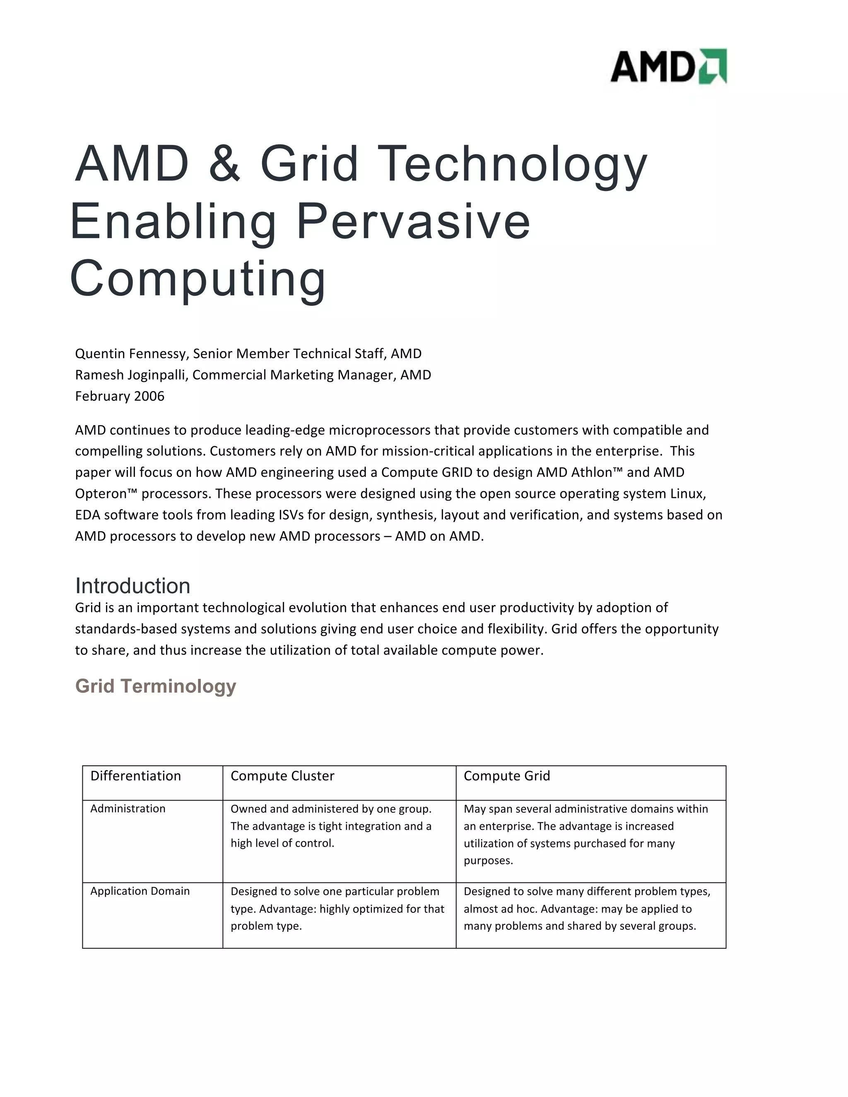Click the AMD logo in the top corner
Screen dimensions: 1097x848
pos(668,66)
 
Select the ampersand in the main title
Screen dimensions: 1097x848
pos(224,164)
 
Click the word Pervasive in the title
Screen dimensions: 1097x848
pos(413,221)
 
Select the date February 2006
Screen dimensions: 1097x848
pos(120,396)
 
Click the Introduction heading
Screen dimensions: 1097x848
pos(132,586)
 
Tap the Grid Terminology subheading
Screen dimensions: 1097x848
pos(155,686)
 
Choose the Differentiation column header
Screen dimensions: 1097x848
pos(136,776)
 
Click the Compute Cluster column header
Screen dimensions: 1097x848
pos(282,776)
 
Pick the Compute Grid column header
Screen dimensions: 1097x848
pos(507,776)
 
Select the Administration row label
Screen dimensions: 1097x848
pos(128,809)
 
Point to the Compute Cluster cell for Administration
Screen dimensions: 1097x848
pos(331,826)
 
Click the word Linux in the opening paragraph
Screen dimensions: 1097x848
pos(688,494)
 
